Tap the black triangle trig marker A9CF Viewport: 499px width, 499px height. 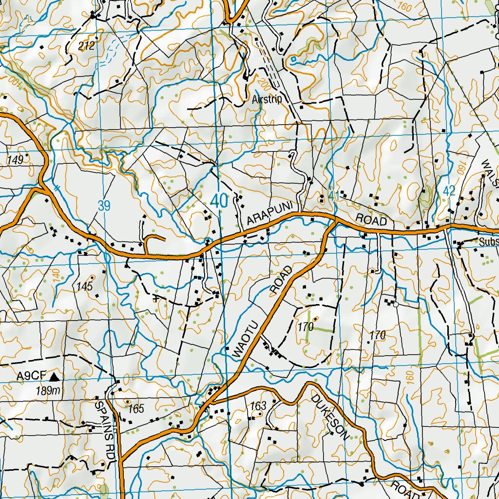point(54,376)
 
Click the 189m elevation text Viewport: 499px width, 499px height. point(47,390)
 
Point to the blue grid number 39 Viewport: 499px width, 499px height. point(104,206)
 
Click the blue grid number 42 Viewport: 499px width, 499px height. point(449,191)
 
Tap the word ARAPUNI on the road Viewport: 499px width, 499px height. point(269,214)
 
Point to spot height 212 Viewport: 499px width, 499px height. point(86,46)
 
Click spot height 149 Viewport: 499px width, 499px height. point(15,159)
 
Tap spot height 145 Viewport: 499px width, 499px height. point(84,286)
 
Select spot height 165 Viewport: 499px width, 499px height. point(136,409)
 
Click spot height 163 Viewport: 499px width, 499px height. point(258,406)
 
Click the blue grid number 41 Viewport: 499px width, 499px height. point(334,194)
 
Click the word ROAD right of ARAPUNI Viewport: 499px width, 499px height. point(371,220)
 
